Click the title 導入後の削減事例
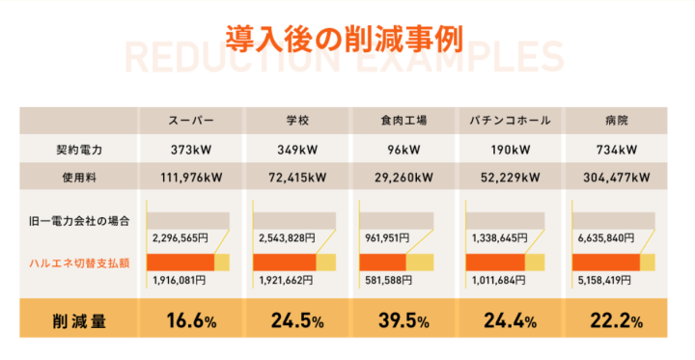point(344,38)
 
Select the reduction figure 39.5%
point(403,320)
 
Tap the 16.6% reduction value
point(190,320)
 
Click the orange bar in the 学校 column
point(284,263)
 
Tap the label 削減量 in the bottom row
point(79,320)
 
